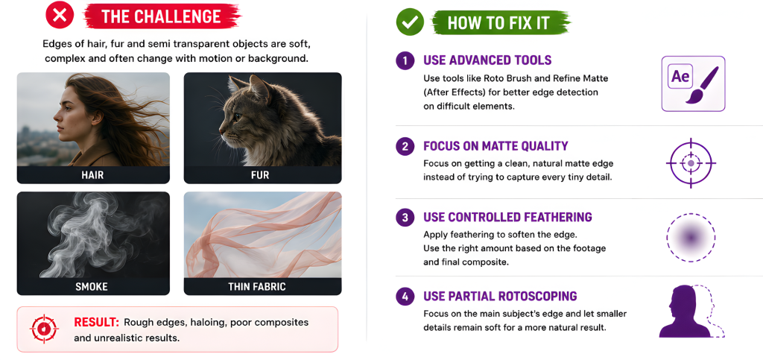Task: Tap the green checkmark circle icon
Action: [410, 22]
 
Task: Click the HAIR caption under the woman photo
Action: [92, 175]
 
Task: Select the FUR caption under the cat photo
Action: [260, 175]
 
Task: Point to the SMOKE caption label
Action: [92, 287]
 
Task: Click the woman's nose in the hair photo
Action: [55, 116]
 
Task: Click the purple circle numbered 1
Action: [405, 61]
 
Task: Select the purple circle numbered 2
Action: [405, 146]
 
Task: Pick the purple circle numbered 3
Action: [405, 217]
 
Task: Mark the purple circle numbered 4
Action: [405, 296]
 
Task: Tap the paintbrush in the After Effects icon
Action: [702, 85]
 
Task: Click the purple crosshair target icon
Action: [691, 163]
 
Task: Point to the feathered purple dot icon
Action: [690, 238]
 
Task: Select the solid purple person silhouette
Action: [684, 312]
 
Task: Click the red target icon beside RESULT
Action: [44, 329]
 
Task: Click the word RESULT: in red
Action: [96, 323]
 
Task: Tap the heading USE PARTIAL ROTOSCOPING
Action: [500, 296]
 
